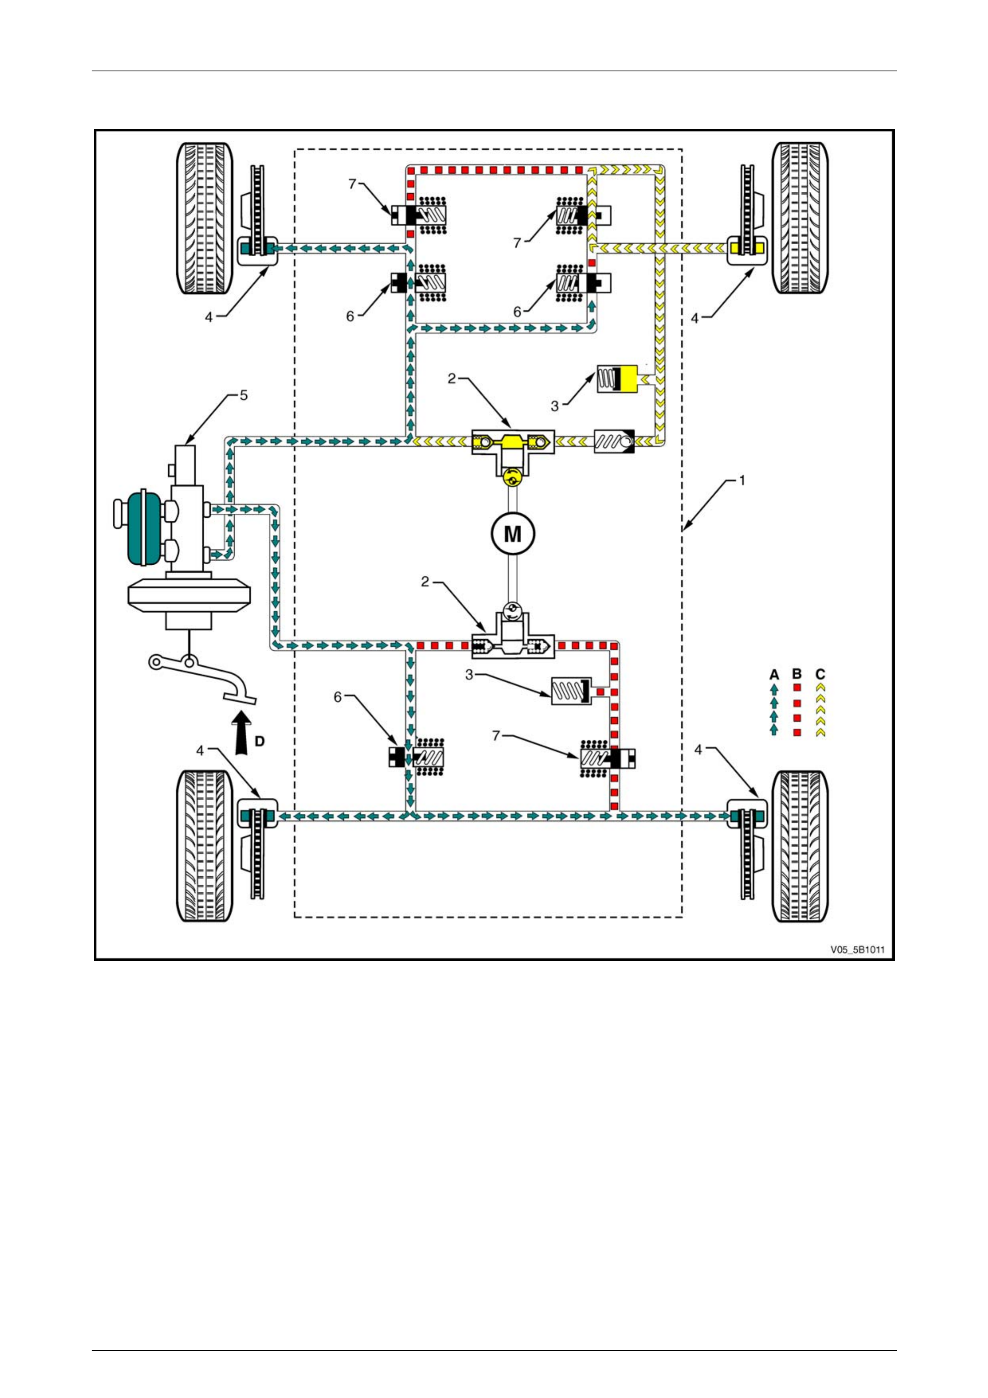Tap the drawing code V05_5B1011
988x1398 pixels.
[857, 949]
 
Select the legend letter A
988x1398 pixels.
[774, 674]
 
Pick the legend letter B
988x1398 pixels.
[797, 674]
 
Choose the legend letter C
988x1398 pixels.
[820, 674]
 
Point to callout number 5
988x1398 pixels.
[244, 396]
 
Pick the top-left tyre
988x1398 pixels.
[204, 218]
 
